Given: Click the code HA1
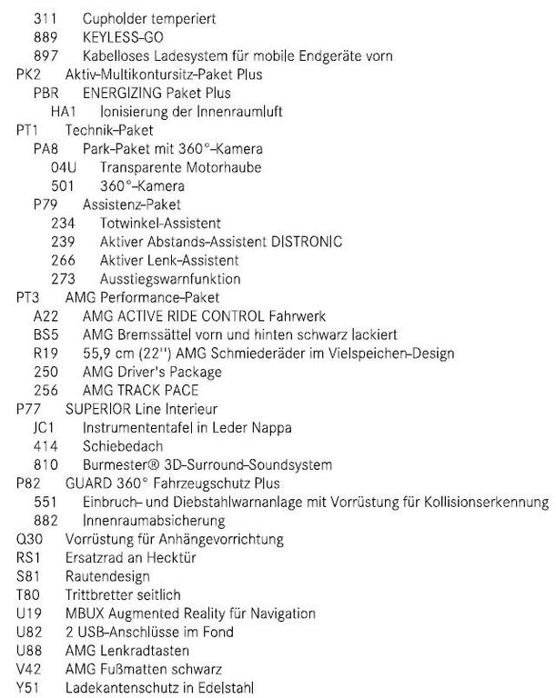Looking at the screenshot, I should click(63, 111).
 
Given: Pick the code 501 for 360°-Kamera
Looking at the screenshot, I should click(63, 185).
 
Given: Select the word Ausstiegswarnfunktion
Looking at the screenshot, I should click(170, 279).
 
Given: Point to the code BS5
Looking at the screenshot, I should click(45, 334).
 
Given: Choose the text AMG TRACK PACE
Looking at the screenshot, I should click(140, 391).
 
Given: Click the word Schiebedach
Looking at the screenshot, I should click(125, 446).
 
